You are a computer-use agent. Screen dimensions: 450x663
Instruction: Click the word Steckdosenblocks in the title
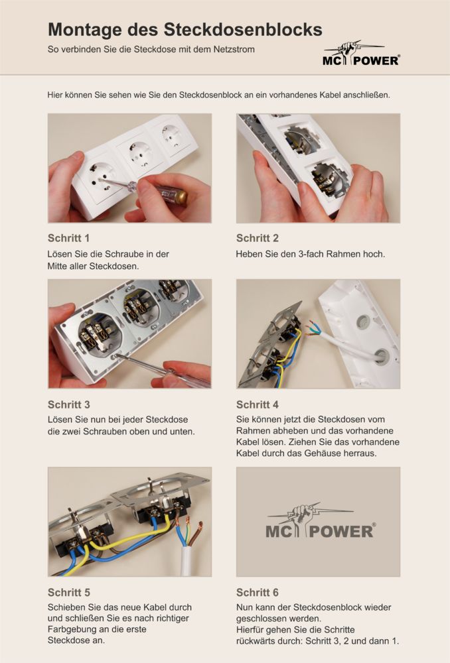243,30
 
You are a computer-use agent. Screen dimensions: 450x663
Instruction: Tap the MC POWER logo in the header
360,54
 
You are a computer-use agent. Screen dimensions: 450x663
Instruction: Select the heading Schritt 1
68,238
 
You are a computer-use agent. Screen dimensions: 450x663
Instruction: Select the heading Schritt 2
258,238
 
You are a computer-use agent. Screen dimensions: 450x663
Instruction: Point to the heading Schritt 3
68,404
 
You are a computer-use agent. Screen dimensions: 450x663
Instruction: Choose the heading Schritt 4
258,404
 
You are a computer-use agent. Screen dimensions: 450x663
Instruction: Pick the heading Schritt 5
68,592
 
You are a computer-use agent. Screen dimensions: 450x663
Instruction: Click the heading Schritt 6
258,592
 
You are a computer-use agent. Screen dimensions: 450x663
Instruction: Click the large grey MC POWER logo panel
318,522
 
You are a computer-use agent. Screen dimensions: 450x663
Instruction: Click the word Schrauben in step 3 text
102,432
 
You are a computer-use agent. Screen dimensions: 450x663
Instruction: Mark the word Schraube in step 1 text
123,254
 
